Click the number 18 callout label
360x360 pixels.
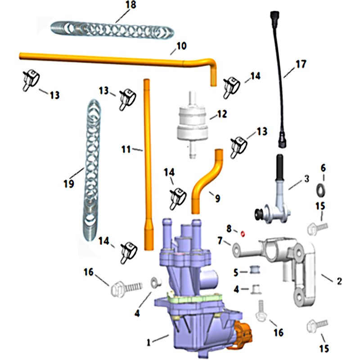tap(131, 5)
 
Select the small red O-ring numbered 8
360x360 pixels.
tap(243, 234)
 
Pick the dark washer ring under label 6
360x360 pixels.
tap(321, 190)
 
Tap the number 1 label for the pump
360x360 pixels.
tap(148, 342)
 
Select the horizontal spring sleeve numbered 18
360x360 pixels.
tap(112, 30)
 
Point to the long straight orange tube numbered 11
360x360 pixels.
tap(148, 164)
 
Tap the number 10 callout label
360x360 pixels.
tap(181, 46)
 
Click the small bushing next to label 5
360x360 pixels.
tap(255, 270)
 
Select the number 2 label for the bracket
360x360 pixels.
tap(339, 281)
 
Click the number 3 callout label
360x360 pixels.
tap(307, 179)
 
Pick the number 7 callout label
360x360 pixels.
tap(220, 241)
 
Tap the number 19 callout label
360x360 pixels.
tap(69, 184)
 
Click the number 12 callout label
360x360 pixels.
tap(222, 114)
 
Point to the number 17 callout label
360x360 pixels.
tap(301, 64)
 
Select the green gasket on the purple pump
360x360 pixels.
tap(195, 298)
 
